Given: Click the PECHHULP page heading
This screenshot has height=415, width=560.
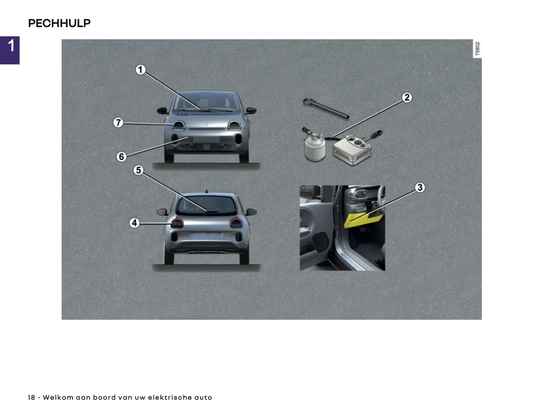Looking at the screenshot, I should coord(59,23).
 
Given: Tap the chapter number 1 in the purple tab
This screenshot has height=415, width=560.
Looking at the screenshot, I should coord(11,46).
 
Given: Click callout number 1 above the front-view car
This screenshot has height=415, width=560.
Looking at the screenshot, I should coord(140,70).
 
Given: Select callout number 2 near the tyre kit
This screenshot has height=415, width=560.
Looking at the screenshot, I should coord(407,97).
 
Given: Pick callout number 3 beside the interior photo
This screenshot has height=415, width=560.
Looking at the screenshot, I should coord(420,188).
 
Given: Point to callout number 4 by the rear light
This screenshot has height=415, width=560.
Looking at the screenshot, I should coord(134,223).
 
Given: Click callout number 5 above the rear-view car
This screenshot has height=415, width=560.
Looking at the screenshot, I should coord(138,170).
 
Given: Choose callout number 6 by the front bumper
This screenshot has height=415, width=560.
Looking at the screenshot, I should coord(121,157).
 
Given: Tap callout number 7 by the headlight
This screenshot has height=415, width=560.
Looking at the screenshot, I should coord(118,123).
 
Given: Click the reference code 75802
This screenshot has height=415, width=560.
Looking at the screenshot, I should coord(477,49).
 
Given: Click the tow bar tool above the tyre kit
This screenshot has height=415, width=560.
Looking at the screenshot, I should coord(326,108).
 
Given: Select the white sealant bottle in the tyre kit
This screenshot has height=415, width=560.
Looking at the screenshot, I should coord(315,148).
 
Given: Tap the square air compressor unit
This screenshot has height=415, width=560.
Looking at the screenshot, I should coord(352,150).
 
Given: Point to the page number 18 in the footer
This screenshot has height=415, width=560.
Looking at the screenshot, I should coord(31,398).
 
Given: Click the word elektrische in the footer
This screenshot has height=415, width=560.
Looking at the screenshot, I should coord(170,398).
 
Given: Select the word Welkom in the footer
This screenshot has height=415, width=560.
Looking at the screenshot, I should coord(58,398).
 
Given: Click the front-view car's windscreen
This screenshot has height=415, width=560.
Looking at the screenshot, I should coord(206,102).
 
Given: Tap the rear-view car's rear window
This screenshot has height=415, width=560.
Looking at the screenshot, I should coord(207,205).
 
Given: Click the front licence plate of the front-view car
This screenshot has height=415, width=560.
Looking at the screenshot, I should coord(206,140).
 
